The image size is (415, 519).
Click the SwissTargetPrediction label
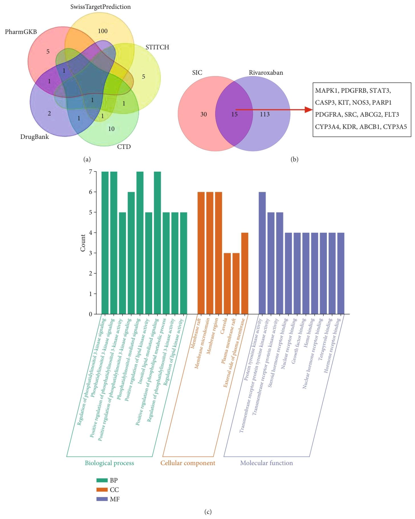[x=100, y=7]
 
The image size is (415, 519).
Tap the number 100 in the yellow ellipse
[x=103, y=31]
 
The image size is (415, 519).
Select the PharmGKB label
[x=21, y=32]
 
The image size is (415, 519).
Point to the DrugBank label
[x=34, y=137]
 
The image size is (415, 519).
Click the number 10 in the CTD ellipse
[x=111, y=129]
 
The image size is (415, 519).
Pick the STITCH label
[x=157, y=47]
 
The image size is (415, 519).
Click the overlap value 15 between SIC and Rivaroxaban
[x=234, y=114]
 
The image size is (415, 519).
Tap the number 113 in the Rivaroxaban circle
[x=265, y=114]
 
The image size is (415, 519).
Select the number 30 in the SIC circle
[x=204, y=114]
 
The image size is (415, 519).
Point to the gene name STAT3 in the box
[x=380, y=91]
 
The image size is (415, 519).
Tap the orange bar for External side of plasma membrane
[x=245, y=273]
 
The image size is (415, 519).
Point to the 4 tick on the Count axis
[x=91, y=233]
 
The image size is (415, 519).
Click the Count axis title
[x=83, y=243]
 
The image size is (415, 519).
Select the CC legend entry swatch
[x=102, y=490]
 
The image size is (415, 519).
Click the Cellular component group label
[x=187, y=463]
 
